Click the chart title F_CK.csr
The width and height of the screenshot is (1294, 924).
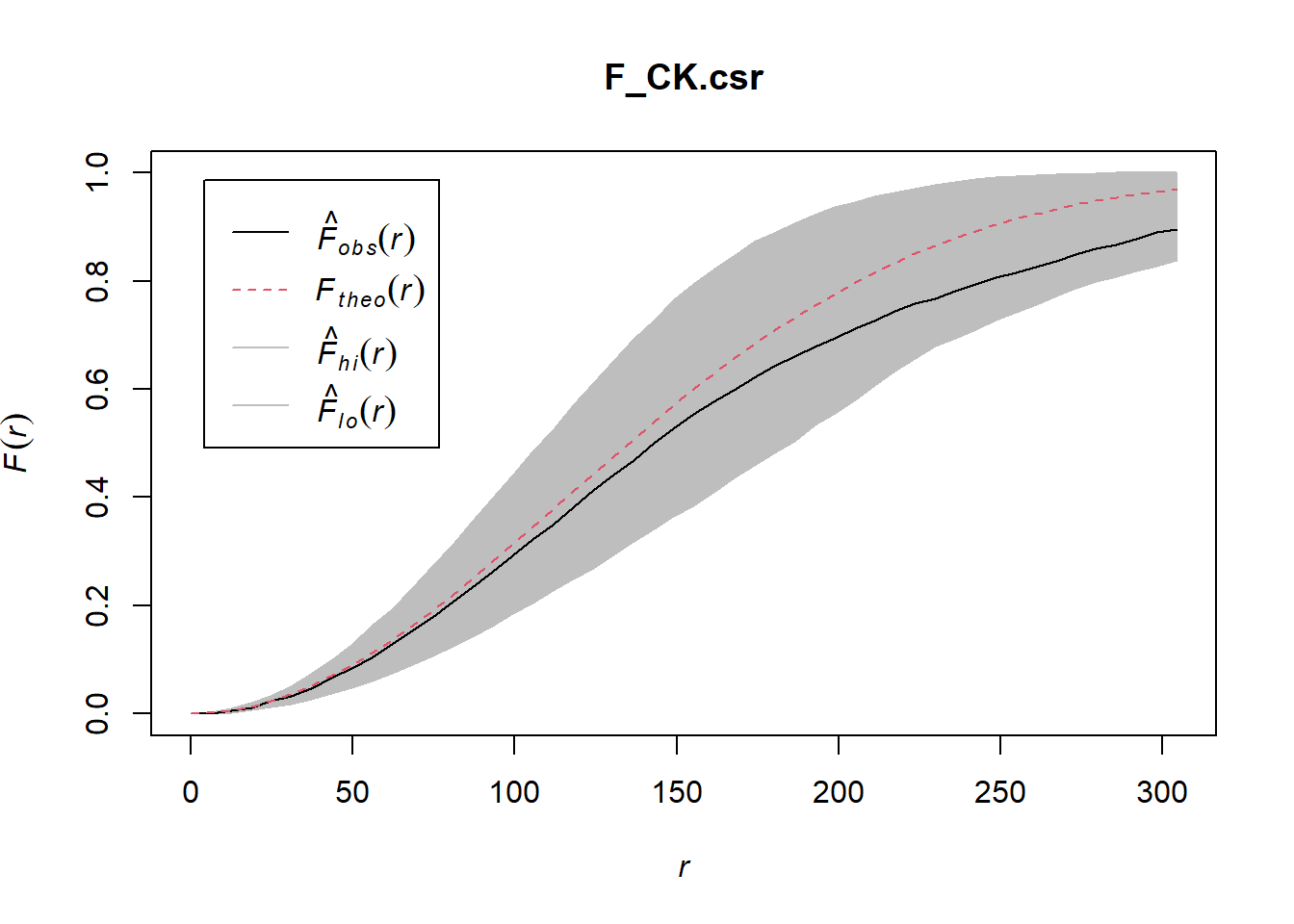tap(684, 77)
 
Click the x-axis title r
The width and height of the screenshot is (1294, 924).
tap(684, 868)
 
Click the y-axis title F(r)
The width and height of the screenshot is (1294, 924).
tap(17, 443)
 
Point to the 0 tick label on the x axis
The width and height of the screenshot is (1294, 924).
tap(191, 792)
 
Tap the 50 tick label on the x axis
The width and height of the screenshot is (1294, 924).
tap(352, 792)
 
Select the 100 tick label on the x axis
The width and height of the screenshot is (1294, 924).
tap(514, 792)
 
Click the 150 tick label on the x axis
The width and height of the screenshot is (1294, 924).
tap(677, 792)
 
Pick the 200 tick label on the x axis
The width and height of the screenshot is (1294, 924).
tap(839, 792)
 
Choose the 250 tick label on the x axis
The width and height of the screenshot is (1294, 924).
tap(1000, 792)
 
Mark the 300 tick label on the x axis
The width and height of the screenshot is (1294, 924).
tap(1162, 792)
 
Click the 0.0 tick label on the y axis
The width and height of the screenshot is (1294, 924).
tap(97, 713)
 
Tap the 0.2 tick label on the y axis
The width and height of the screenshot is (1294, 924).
tap(97, 605)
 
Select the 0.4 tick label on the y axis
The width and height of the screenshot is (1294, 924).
tap(97, 497)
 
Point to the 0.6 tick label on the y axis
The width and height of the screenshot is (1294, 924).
tap(97, 389)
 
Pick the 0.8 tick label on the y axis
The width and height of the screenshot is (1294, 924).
tap(97, 281)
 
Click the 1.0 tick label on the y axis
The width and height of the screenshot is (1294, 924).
tap(97, 172)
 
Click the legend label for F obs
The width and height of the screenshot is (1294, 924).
tap(366, 235)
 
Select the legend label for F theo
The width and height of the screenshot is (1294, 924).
tap(370, 291)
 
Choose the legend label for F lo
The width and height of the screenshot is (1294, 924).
tap(356, 408)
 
